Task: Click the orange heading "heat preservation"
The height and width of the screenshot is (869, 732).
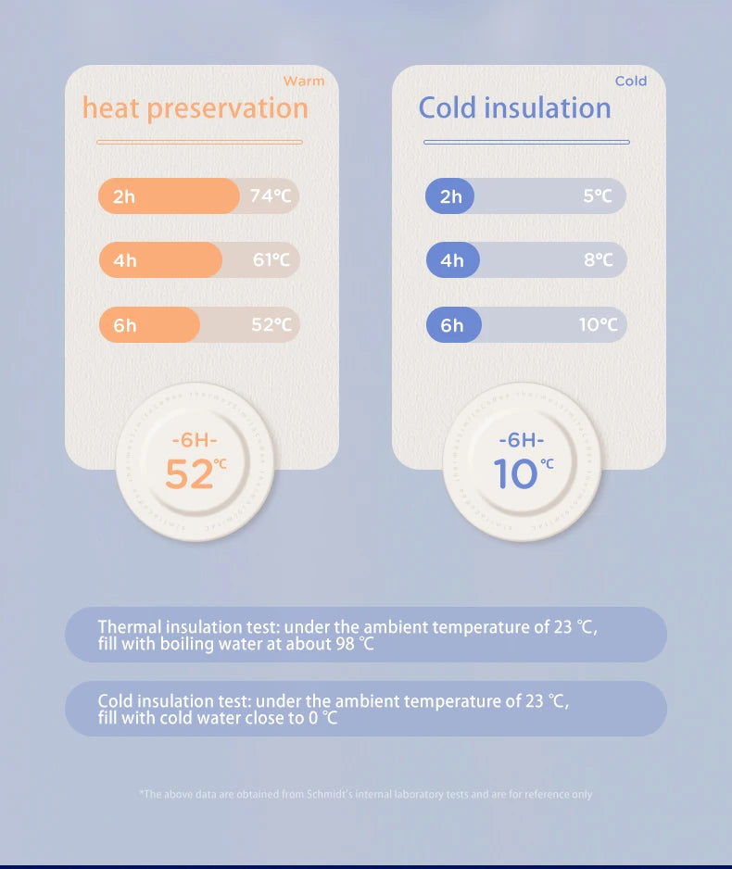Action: click(x=195, y=108)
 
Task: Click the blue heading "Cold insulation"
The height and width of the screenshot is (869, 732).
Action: click(x=514, y=108)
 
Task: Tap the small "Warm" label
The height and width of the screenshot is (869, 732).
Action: click(x=304, y=82)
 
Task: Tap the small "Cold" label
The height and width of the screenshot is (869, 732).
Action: click(x=631, y=82)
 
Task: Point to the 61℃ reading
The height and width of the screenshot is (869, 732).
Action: click(x=271, y=260)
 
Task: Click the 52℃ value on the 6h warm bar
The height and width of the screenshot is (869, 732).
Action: click(x=271, y=325)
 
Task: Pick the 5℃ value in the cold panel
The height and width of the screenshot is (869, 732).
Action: click(x=599, y=196)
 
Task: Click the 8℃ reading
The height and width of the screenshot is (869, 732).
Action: click(x=599, y=260)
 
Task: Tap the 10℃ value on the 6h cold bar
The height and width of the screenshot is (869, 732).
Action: click(x=599, y=325)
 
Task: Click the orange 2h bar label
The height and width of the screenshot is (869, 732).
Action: click(x=124, y=196)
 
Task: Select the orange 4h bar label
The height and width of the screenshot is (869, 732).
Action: click(x=124, y=260)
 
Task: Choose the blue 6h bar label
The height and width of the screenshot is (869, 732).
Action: click(x=452, y=325)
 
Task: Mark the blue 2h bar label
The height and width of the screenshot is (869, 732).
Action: click(x=451, y=196)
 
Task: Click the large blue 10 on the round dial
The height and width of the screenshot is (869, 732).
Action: click(x=515, y=474)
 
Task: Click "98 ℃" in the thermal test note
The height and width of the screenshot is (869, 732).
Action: click(x=354, y=644)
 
